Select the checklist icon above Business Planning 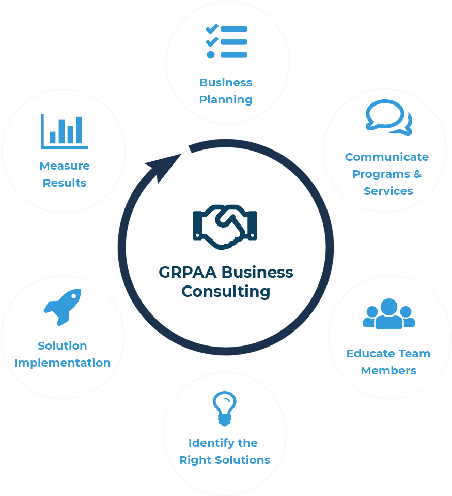226,41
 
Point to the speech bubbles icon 388,117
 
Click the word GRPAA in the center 188,272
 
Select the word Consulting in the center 226,291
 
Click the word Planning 226,99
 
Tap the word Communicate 387,157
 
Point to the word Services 388,191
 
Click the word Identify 205,443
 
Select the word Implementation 63,363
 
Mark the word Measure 65,166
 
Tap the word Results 65,183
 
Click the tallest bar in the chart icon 79,130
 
